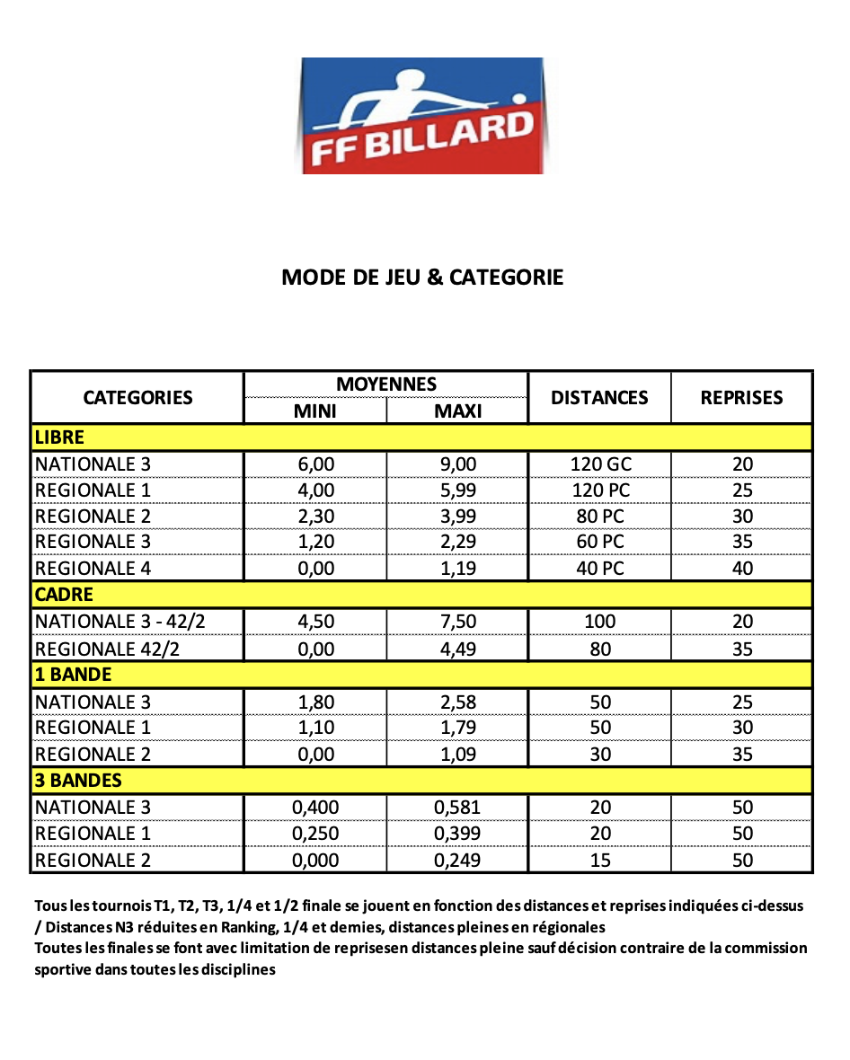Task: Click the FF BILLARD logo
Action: click(x=421, y=116)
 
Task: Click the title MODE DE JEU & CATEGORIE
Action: click(x=422, y=277)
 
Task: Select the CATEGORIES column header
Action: click(x=137, y=397)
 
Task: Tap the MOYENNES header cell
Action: click(x=386, y=384)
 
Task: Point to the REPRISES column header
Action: click(x=741, y=397)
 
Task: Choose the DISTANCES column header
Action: click(x=599, y=397)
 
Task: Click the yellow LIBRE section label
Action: click(x=59, y=437)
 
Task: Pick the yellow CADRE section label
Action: click(x=64, y=595)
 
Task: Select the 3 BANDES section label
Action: click(x=78, y=780)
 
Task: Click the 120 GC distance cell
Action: click(x=600, y=464)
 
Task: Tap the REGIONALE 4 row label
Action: click(x=93, y=568)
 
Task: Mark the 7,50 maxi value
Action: click(x=457, y=622)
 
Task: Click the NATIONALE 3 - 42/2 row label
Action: click(x=125, y=622)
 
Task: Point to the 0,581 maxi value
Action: click(x=457, y=807)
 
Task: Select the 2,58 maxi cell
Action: click(x=457, y=702)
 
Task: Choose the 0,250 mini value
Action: click(x=315, y=833)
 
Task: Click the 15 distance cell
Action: click(x=600, y=860)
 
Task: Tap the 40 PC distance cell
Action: click(x=600, y=568)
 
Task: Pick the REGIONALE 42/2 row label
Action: click(x=107, y=649)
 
